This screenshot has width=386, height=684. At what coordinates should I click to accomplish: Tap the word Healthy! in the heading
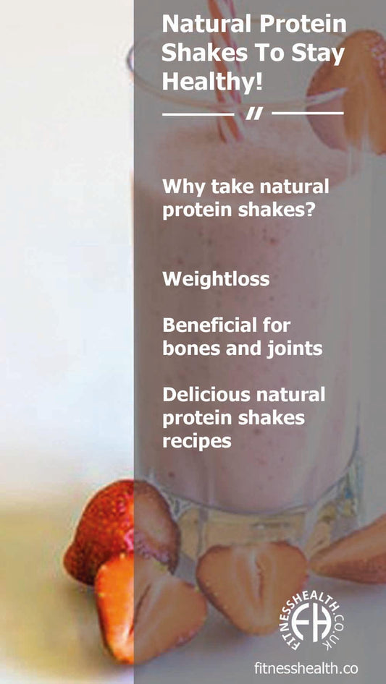tap(212, 82)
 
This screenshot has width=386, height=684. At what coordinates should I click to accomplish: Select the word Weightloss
tap(216, 279)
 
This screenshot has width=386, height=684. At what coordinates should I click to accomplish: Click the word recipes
tap(197, 440)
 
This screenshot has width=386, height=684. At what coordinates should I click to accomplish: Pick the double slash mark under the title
tap(253, 114)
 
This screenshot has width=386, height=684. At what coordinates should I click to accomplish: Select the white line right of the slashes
tap(308, 114)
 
